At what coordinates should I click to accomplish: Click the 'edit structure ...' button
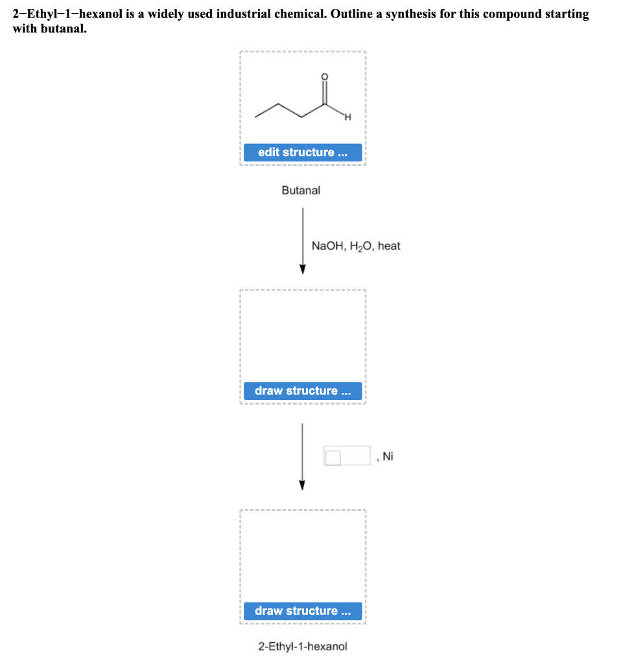click(303, 152)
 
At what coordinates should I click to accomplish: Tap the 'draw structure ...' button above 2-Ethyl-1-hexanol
click(303, 611)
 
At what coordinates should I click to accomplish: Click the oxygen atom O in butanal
click(325, 77)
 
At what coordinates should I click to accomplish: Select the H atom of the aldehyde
click(347, 117)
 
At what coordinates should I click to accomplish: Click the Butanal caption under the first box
click(301, 191)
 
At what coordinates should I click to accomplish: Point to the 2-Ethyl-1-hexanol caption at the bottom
click(303, 646)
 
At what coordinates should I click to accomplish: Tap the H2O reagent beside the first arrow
click(361, 246)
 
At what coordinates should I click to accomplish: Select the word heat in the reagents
click(389, 246)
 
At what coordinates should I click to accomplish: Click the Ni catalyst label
click(388, 456)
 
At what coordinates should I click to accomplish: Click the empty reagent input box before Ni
click(347, 456)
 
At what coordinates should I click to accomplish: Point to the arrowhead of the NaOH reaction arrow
click(303, 269)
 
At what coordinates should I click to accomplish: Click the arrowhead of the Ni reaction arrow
click(302, 485)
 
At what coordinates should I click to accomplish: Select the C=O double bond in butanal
click(325, 92)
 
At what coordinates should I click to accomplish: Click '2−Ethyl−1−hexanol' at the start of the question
click(67, 14)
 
